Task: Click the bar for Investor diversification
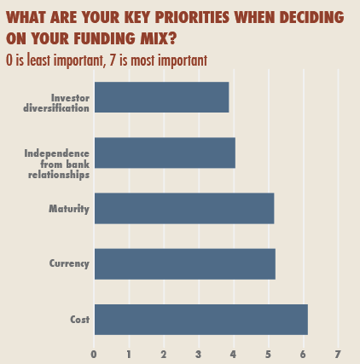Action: [x=161, y=97]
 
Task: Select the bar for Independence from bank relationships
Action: [x=165, y=153]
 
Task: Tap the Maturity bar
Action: [x=184, y=208]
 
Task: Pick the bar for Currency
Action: [x=185, y=263]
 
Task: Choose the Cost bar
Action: [x=200, y=319]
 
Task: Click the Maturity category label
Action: [x=69, y=208]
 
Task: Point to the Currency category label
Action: [x=68, y=263]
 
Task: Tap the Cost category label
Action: [x=79, y=319]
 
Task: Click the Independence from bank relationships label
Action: [x=56, y=163]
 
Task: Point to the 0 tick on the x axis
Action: [x=94, y=354]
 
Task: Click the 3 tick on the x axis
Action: [x=199, y=354]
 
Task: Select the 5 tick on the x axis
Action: [x=269, y=354]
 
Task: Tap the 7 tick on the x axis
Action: [x=338, y=354]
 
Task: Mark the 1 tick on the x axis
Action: [x=129, y=354]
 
